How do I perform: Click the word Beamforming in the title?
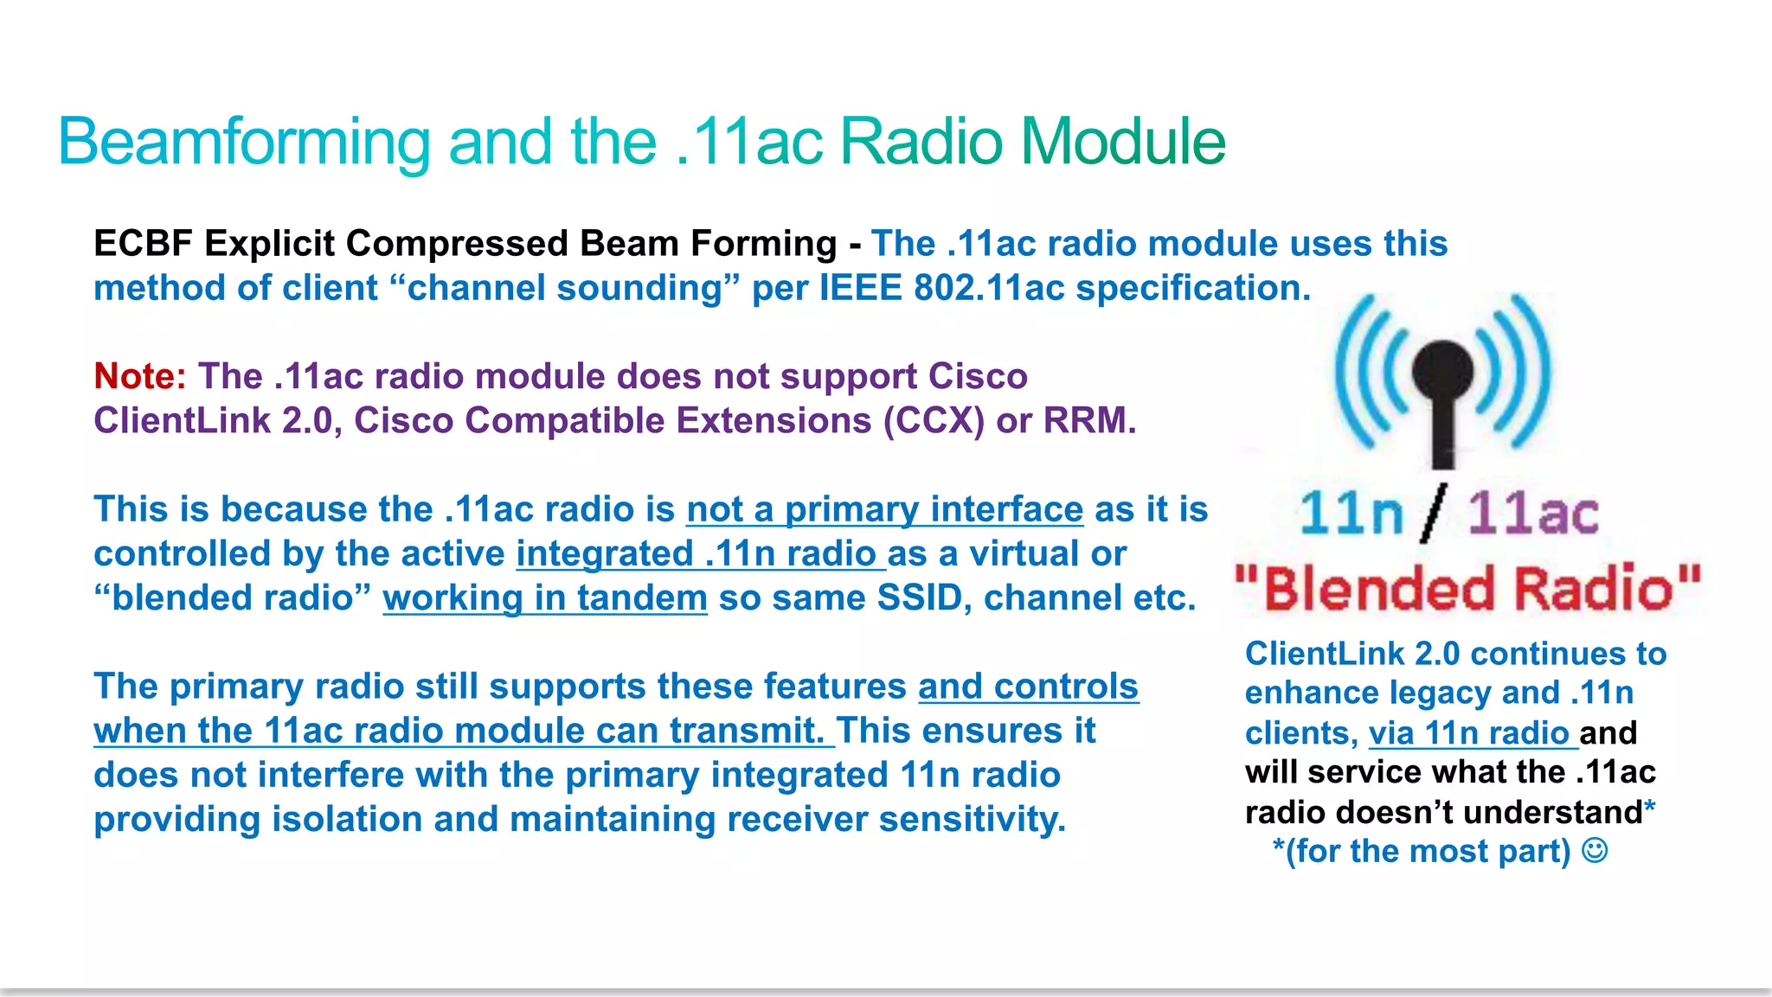click(x=244, y=142)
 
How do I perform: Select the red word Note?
click(x=139, y=376)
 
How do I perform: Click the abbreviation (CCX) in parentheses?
click(x=934, y=421)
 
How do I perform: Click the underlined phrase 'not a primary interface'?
click(x=884, y=509)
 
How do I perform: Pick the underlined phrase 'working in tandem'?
click(x=545, y=598)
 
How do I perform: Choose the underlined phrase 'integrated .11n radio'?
click(x=701, y=554)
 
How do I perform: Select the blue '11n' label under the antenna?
click(x=1351, y=514)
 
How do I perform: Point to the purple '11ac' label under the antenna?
click(x=1533, y=514)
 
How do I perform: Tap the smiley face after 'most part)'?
click(x=1595, y=851)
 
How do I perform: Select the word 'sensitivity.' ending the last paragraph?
click(x=973, y=820)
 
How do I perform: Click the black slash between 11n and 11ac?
click(x=1434, y=514)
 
